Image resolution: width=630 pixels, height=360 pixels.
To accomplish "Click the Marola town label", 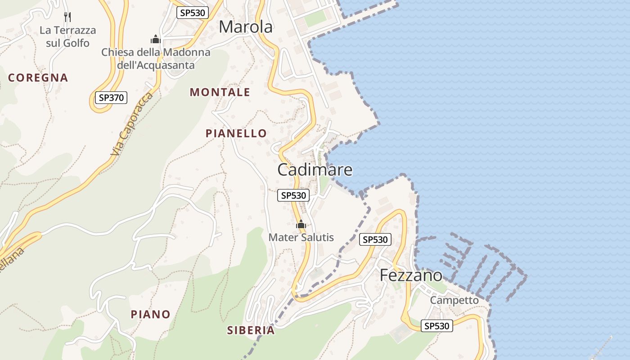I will coord(246,27).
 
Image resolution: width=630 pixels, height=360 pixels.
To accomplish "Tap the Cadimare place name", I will coord(315,170).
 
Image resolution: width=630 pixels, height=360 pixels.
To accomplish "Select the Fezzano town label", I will coord(411,275).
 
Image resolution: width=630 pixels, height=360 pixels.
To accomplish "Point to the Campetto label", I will coord(454,300).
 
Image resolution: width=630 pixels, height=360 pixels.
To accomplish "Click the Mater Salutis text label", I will coord(301,237).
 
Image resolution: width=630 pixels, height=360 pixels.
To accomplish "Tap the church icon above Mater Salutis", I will coord(301,224).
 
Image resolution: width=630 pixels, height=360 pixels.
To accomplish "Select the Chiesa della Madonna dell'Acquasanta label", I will coord(156,58).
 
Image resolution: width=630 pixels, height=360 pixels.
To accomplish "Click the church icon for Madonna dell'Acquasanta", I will coord(156,40).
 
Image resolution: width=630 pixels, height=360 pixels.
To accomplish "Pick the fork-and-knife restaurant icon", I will coord(67,17).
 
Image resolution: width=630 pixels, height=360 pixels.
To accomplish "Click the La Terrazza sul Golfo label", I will coord(68,36).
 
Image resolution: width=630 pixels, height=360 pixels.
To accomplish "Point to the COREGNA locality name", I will coord(38,78).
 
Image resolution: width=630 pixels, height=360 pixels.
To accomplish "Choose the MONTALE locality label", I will coord(220,92).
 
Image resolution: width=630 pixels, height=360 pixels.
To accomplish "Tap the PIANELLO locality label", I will coord(236,133).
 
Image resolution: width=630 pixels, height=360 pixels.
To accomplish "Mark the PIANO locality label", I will coord(151,314).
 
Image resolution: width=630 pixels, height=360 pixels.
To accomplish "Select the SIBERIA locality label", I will coord(251,330).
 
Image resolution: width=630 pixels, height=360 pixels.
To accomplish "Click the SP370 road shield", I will coord(111,97).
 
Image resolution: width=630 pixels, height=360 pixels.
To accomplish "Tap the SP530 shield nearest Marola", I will coord(193,13).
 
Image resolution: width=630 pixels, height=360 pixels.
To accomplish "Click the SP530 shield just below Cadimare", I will coord(293,195).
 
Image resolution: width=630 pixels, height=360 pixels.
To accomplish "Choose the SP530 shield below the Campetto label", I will coord(437,326).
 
